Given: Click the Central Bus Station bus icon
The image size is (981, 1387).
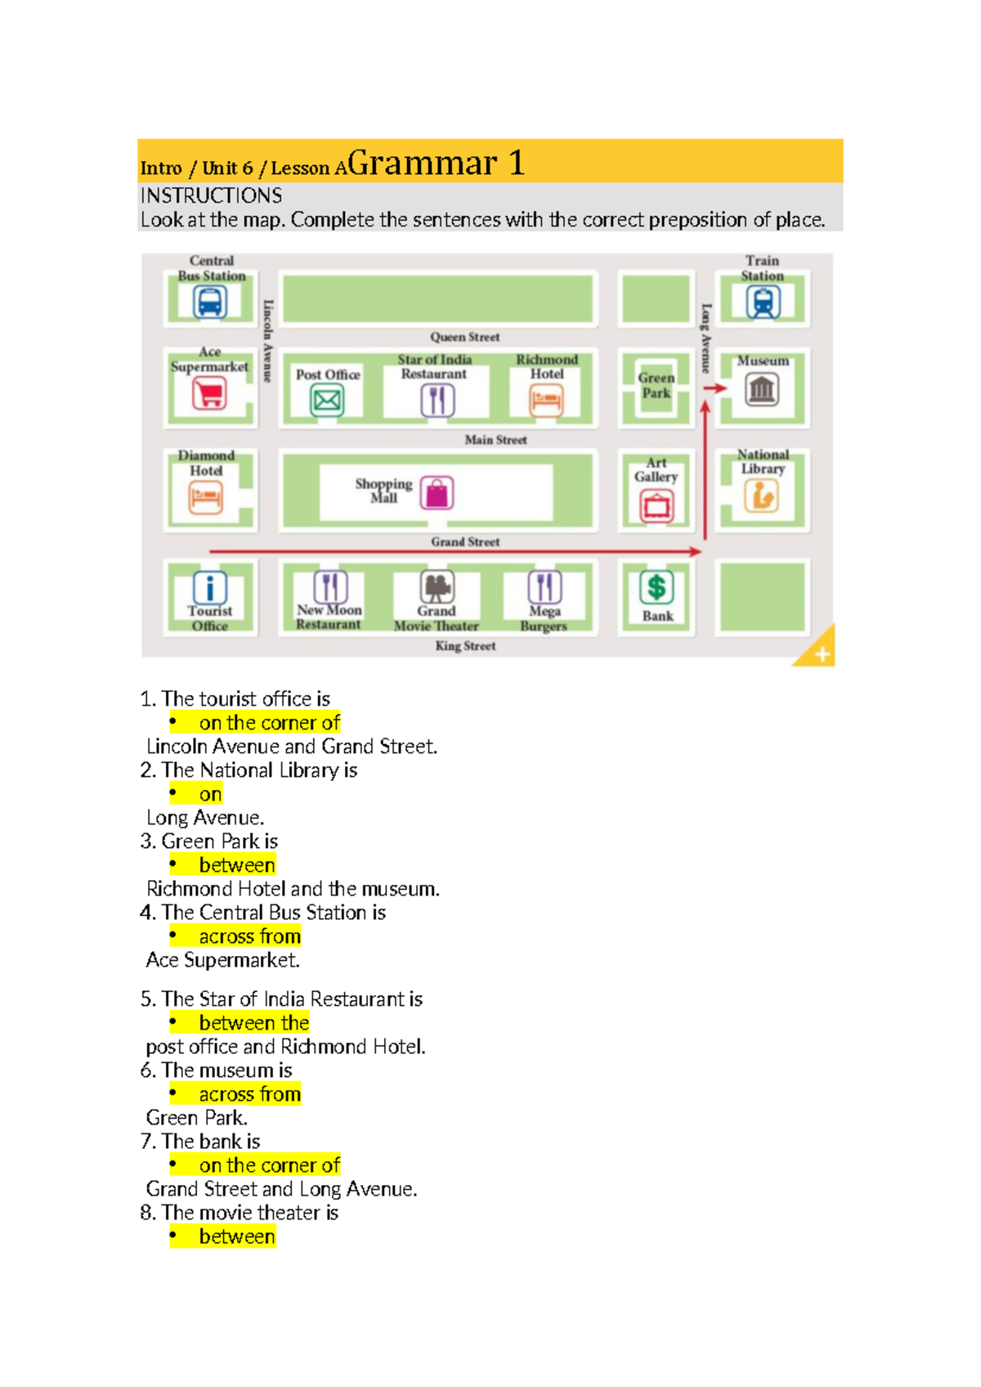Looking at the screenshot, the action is [210, 303].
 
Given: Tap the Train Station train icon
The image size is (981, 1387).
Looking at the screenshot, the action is [763, 303].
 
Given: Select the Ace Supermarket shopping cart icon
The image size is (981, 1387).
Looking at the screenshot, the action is [209, 394].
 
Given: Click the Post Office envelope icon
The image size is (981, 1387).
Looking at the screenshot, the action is [327, 401].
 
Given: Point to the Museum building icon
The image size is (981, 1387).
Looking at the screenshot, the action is [762, 390].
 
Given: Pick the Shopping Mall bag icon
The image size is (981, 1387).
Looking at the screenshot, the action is [437, 493].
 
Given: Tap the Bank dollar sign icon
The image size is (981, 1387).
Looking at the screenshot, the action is [656, 587].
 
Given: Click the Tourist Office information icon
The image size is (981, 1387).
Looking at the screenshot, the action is [210, 587].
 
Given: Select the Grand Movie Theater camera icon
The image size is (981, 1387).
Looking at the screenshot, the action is [437, 586].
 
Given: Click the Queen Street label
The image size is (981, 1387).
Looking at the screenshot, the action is [464, 337].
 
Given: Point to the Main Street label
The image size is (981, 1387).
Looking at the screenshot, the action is [495, 440].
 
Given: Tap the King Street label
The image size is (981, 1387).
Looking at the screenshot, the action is [465, 646].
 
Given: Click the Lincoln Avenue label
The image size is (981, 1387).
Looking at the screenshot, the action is [268, 341].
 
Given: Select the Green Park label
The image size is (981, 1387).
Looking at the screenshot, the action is [656, 385].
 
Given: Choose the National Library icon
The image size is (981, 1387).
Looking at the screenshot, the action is [761, 496].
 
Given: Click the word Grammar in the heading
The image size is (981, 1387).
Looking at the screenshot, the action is [422, 163].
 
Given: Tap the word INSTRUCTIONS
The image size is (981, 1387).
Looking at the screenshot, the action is [211, 196].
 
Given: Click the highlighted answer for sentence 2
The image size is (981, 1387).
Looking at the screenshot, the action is [210, 794].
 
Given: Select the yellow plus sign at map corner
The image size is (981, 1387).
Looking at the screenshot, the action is [822, 653].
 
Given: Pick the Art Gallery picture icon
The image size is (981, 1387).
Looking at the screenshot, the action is [656, 506].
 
